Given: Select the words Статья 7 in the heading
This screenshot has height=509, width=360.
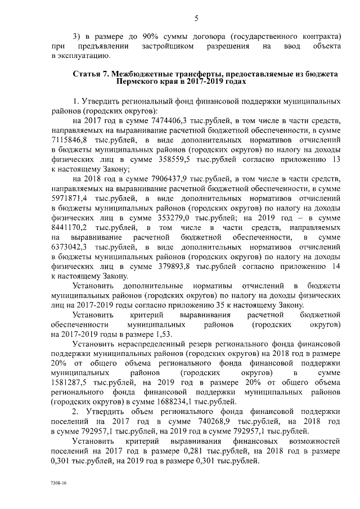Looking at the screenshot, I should coord(91,74).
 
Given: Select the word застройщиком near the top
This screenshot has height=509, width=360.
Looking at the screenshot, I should coord(167,45).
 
